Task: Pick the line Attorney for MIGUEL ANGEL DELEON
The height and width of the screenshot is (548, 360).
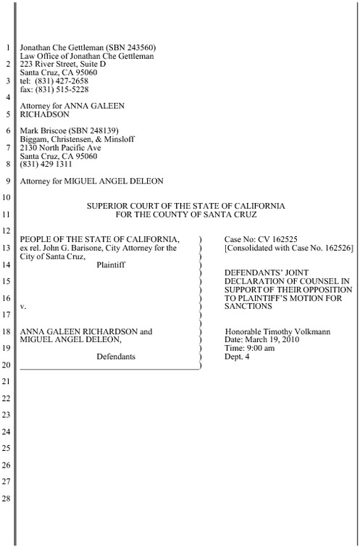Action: pos(91,180)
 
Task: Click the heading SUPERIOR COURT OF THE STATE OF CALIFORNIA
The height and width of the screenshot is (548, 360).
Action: pos(185,206)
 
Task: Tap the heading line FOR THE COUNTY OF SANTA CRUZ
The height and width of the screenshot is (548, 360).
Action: pos(185,215)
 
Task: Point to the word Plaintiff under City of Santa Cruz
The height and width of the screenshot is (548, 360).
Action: pos(110,265)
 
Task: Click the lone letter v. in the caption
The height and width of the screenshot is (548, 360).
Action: pos(23,307)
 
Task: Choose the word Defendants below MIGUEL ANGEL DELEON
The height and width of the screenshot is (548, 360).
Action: pos(115,357)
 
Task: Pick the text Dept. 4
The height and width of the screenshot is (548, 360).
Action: pos(238,357)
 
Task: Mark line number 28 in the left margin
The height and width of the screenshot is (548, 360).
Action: pos(7,499)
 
